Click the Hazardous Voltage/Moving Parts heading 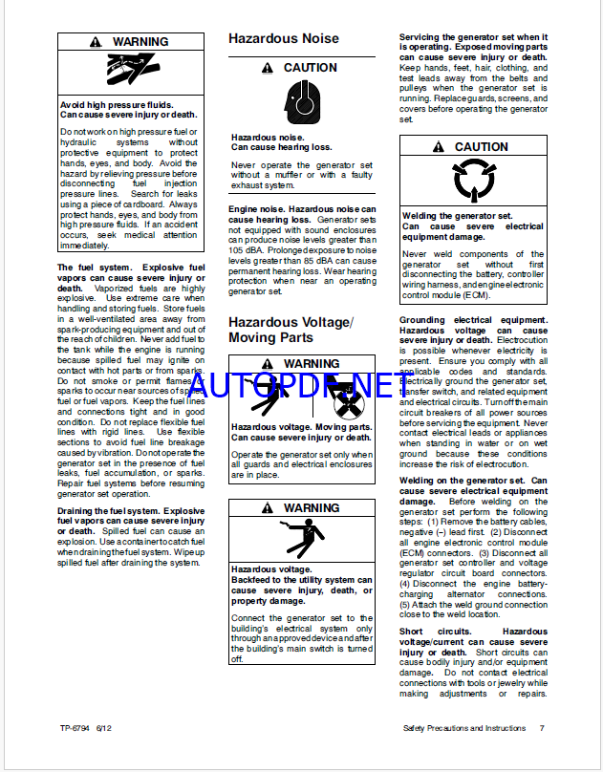(x=290, y=330)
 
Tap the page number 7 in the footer (x=542, y=729)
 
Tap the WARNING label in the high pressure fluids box (x=140, y=42)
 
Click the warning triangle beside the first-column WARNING (x=95, y=42)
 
